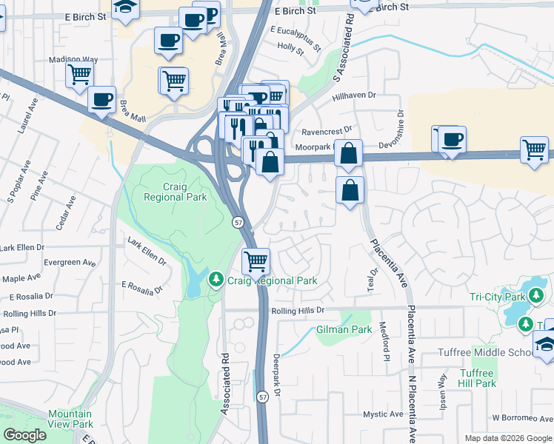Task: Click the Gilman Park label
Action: [x=344, y=329]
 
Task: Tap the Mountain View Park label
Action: [x=70, y=419]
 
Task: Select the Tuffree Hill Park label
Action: [x=477, y=378]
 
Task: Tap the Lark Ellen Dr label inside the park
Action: [x=147, y=252]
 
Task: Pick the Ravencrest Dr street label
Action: [x=326, y=132]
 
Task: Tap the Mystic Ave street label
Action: [x=381, y=414]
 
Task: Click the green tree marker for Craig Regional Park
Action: [x=216, y=280]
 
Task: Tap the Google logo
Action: [x=25, y=435]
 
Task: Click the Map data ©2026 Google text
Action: [x=507, y=438]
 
